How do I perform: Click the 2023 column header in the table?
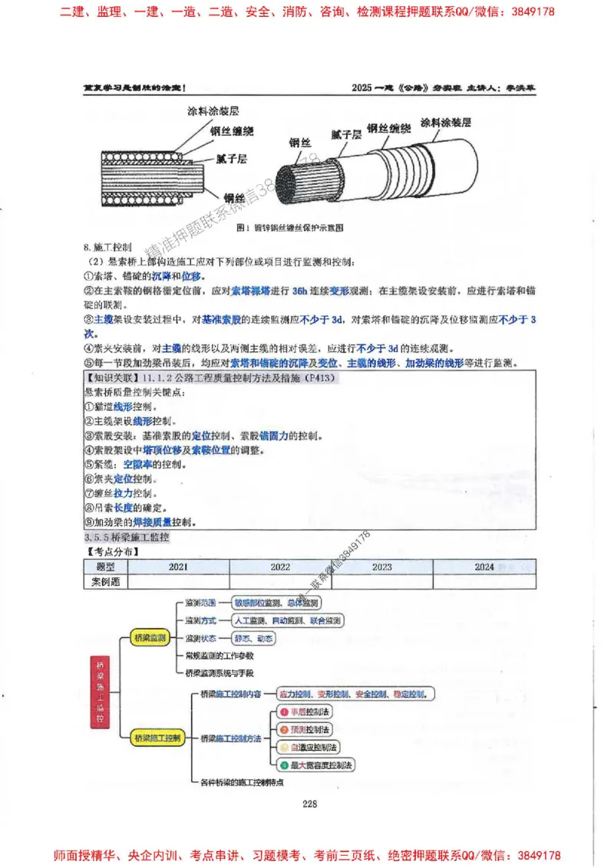(381, 567)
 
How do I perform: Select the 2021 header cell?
(178, 567)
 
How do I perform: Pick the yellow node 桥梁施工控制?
(157, 738)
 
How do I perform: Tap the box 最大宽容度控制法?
(316, 764)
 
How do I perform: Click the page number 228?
(309, 804)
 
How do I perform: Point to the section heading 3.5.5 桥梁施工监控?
(127, 538)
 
